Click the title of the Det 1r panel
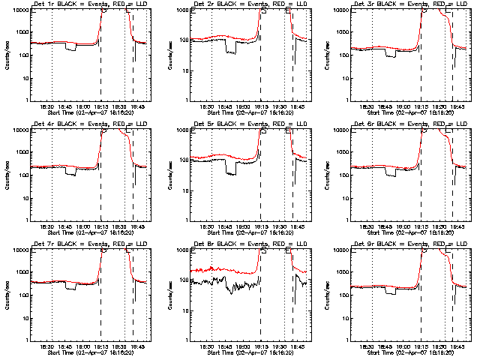click(91, 4)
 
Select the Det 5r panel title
click(250, 124)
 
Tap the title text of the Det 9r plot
click(411, 244)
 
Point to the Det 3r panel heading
click(411, 4)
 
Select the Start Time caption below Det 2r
click(250, 111)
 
